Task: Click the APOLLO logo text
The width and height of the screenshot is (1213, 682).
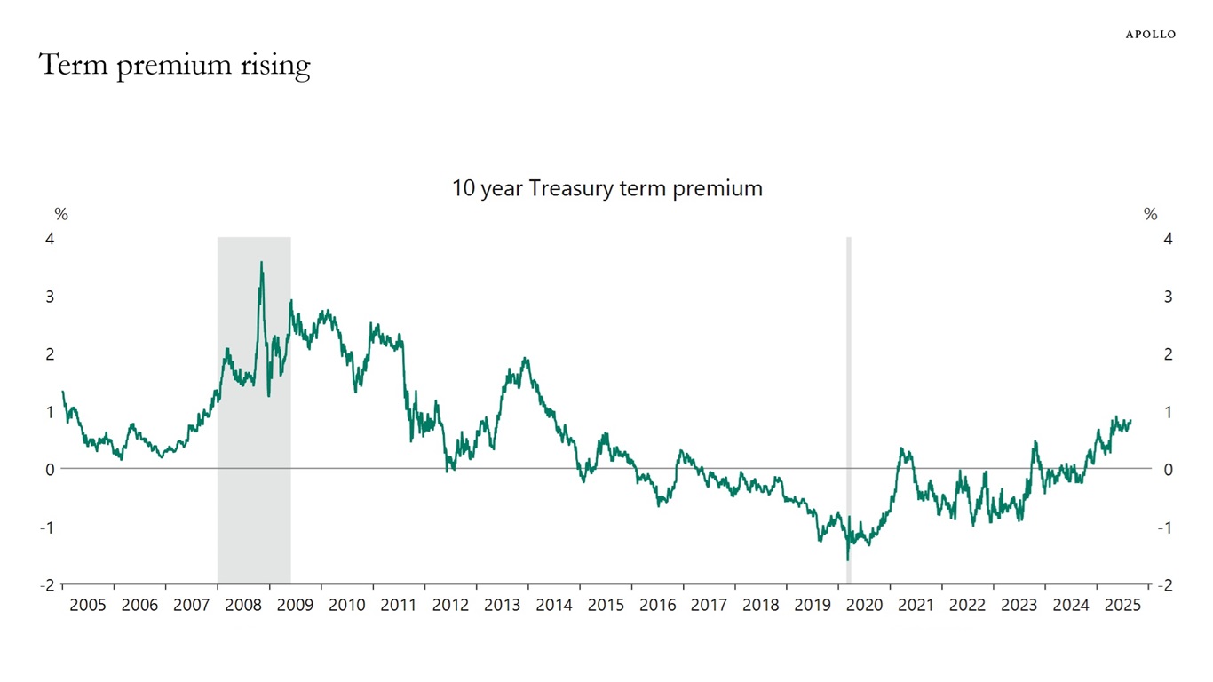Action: [1150, 34]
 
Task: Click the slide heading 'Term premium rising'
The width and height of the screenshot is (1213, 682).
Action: [175, 65]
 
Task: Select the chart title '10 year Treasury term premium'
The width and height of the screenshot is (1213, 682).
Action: [606, 188]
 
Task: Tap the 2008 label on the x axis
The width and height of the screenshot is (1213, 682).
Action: [243, 606]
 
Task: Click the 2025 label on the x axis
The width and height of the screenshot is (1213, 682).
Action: [1122, 606]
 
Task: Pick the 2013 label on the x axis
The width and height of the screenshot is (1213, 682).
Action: [502, 606]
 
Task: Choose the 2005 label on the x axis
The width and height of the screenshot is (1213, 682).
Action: [88, 606]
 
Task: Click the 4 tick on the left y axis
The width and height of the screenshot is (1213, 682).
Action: [50, 238]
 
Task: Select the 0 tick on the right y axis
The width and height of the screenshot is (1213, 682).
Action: [1168, 469]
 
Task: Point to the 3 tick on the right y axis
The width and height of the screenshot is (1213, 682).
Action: [1168, 296]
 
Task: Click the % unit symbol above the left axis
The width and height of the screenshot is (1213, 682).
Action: [61, 214]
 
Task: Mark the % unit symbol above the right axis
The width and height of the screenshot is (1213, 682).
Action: [1151, 214]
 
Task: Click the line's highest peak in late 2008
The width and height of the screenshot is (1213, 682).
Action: [261, 262]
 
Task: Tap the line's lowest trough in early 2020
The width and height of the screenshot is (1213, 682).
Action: [847, 559]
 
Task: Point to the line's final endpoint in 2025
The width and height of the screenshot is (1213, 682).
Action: [1131, 421]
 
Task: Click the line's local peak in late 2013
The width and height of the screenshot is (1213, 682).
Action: [526, 359]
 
